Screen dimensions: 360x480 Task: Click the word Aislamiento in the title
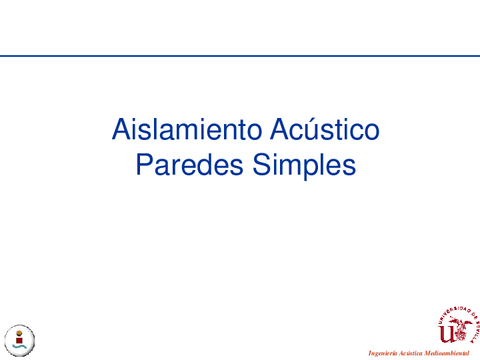click(x=177, y=130)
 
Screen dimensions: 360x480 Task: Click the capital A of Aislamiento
click(x=121, y=130)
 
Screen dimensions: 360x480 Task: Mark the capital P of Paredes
click(x=142, y=165)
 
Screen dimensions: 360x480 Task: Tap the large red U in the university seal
click(x=447, y=329)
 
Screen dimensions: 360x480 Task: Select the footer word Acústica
click(x=414, y=354)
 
